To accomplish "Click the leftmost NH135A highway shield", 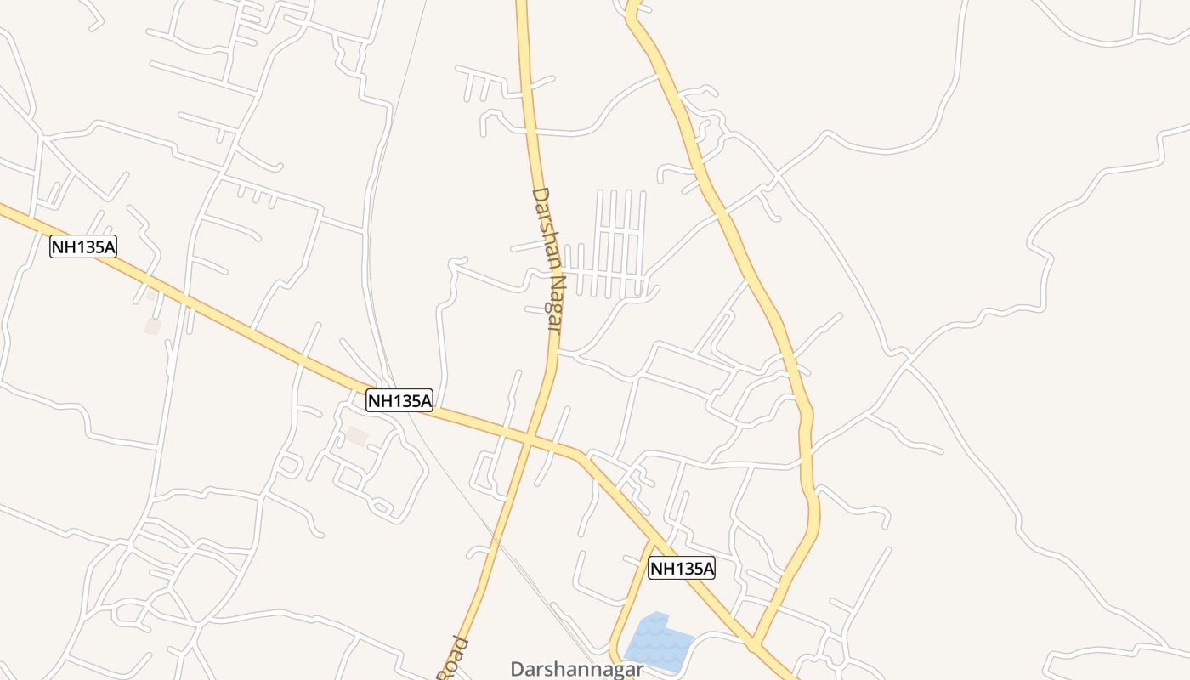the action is (82, 246).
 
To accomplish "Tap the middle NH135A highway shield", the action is (399, 400).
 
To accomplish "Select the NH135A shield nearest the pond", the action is (682, 568).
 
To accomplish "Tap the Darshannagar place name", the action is (576, 669).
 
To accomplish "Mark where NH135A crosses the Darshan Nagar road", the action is (528, 439).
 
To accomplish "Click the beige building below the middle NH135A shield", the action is (357, 436).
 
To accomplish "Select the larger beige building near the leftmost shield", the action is (153, 326).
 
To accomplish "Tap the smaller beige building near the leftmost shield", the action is (151, 296).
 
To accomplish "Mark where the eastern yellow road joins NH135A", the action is (755, 643).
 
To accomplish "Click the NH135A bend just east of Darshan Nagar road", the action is (581, 455).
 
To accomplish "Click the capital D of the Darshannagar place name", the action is (517, 669).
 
